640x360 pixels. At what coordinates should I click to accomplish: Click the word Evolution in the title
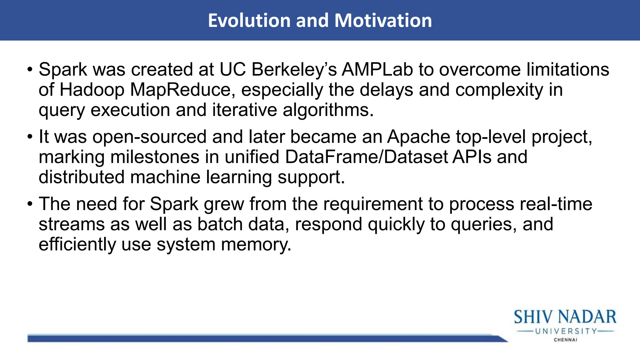tap(249, 21)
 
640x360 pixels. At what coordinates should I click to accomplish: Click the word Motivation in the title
tap(383, 21)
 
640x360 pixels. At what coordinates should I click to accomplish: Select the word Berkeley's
tap(294, 69)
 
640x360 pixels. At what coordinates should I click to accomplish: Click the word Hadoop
tap(92, 90)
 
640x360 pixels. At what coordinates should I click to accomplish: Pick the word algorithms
tap(328, 110)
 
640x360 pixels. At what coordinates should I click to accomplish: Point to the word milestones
tap(155, 157)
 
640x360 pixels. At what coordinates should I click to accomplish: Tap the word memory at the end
tap(256, 244)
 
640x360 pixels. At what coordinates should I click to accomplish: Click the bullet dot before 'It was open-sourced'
tap(30, 137)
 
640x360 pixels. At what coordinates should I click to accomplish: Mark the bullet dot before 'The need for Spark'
tap(30, 204)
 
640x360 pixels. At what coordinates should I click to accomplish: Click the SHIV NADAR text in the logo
tap(565, 317)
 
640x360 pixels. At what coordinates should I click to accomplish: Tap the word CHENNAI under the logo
tap(565, 340)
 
